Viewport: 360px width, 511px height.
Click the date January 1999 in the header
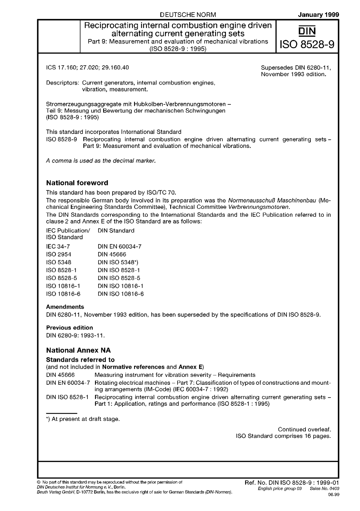(x=318, y=15)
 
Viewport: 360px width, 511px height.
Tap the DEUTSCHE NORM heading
(x=188, y=15)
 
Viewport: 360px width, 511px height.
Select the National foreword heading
(x=77, y=183)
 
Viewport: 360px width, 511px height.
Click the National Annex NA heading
(x=78, y=350)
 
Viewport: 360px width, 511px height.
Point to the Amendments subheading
(x=65, y=307)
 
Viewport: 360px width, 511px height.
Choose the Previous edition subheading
(x=69, y=328)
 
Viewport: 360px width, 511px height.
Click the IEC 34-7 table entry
(x=58, y=246)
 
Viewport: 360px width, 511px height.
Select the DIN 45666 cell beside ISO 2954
(x=112, y=254)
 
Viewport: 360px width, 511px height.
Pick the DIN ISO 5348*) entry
(x=118, y=262)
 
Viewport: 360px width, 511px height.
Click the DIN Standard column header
(x=116, y=231)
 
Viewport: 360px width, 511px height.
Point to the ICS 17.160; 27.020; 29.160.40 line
(x=87, y=68)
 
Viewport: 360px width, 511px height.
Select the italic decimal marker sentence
(x=101, y=161)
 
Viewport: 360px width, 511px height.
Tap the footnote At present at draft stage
(x=83, y=419)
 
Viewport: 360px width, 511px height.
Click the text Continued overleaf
(x=304, y=429)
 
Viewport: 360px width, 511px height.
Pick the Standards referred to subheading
(x=80, y=360)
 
